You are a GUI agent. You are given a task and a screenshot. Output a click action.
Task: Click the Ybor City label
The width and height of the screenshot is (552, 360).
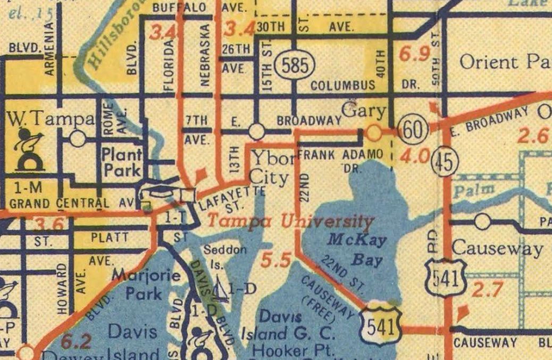pyautogui.click(x=272, y=167)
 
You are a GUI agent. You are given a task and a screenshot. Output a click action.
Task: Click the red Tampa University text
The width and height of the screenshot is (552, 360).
pyautogui.click(x=290, y=221)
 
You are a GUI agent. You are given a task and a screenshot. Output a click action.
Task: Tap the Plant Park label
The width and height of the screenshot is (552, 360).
pyautogui.click(x=122, y=162)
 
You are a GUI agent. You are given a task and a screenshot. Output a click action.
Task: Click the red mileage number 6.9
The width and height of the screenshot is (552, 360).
pyautogui.click(x=414, y=55)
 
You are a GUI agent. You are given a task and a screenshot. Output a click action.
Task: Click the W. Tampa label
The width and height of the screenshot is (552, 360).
pyautogui.click(x=51, y=120)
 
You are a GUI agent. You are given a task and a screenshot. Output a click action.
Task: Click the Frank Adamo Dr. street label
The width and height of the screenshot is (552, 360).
pyautogui.click(x=340, y=159)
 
